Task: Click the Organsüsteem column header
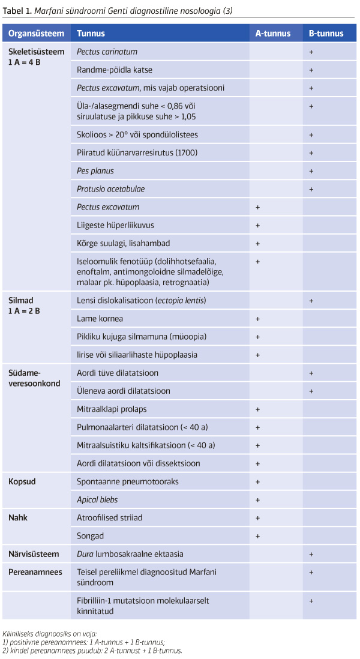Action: [35, 34]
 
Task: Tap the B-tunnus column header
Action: [326, 34]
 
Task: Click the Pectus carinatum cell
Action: [107, 52]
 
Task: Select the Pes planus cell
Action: [95, 171]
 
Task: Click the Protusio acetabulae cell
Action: [110, 189]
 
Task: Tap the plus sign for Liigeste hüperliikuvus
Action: [257, 226]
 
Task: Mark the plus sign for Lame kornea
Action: [257, 318]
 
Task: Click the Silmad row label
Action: [20, 299]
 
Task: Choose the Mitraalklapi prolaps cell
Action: [112, 409]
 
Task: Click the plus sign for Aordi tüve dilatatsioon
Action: [311, 373]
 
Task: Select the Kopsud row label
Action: [22, 481]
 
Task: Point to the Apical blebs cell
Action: [97, 499]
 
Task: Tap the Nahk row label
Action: [18, 517]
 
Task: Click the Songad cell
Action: [90, 535]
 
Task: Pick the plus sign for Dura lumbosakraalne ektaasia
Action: [311, 554]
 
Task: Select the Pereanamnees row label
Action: [35, 572]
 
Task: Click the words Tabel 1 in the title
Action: [16, 11]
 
